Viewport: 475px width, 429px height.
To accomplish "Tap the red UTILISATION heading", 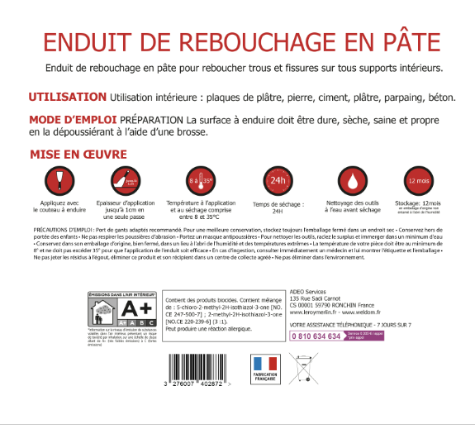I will (68, 97).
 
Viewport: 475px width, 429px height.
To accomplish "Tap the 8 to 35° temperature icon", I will (201, 180).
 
